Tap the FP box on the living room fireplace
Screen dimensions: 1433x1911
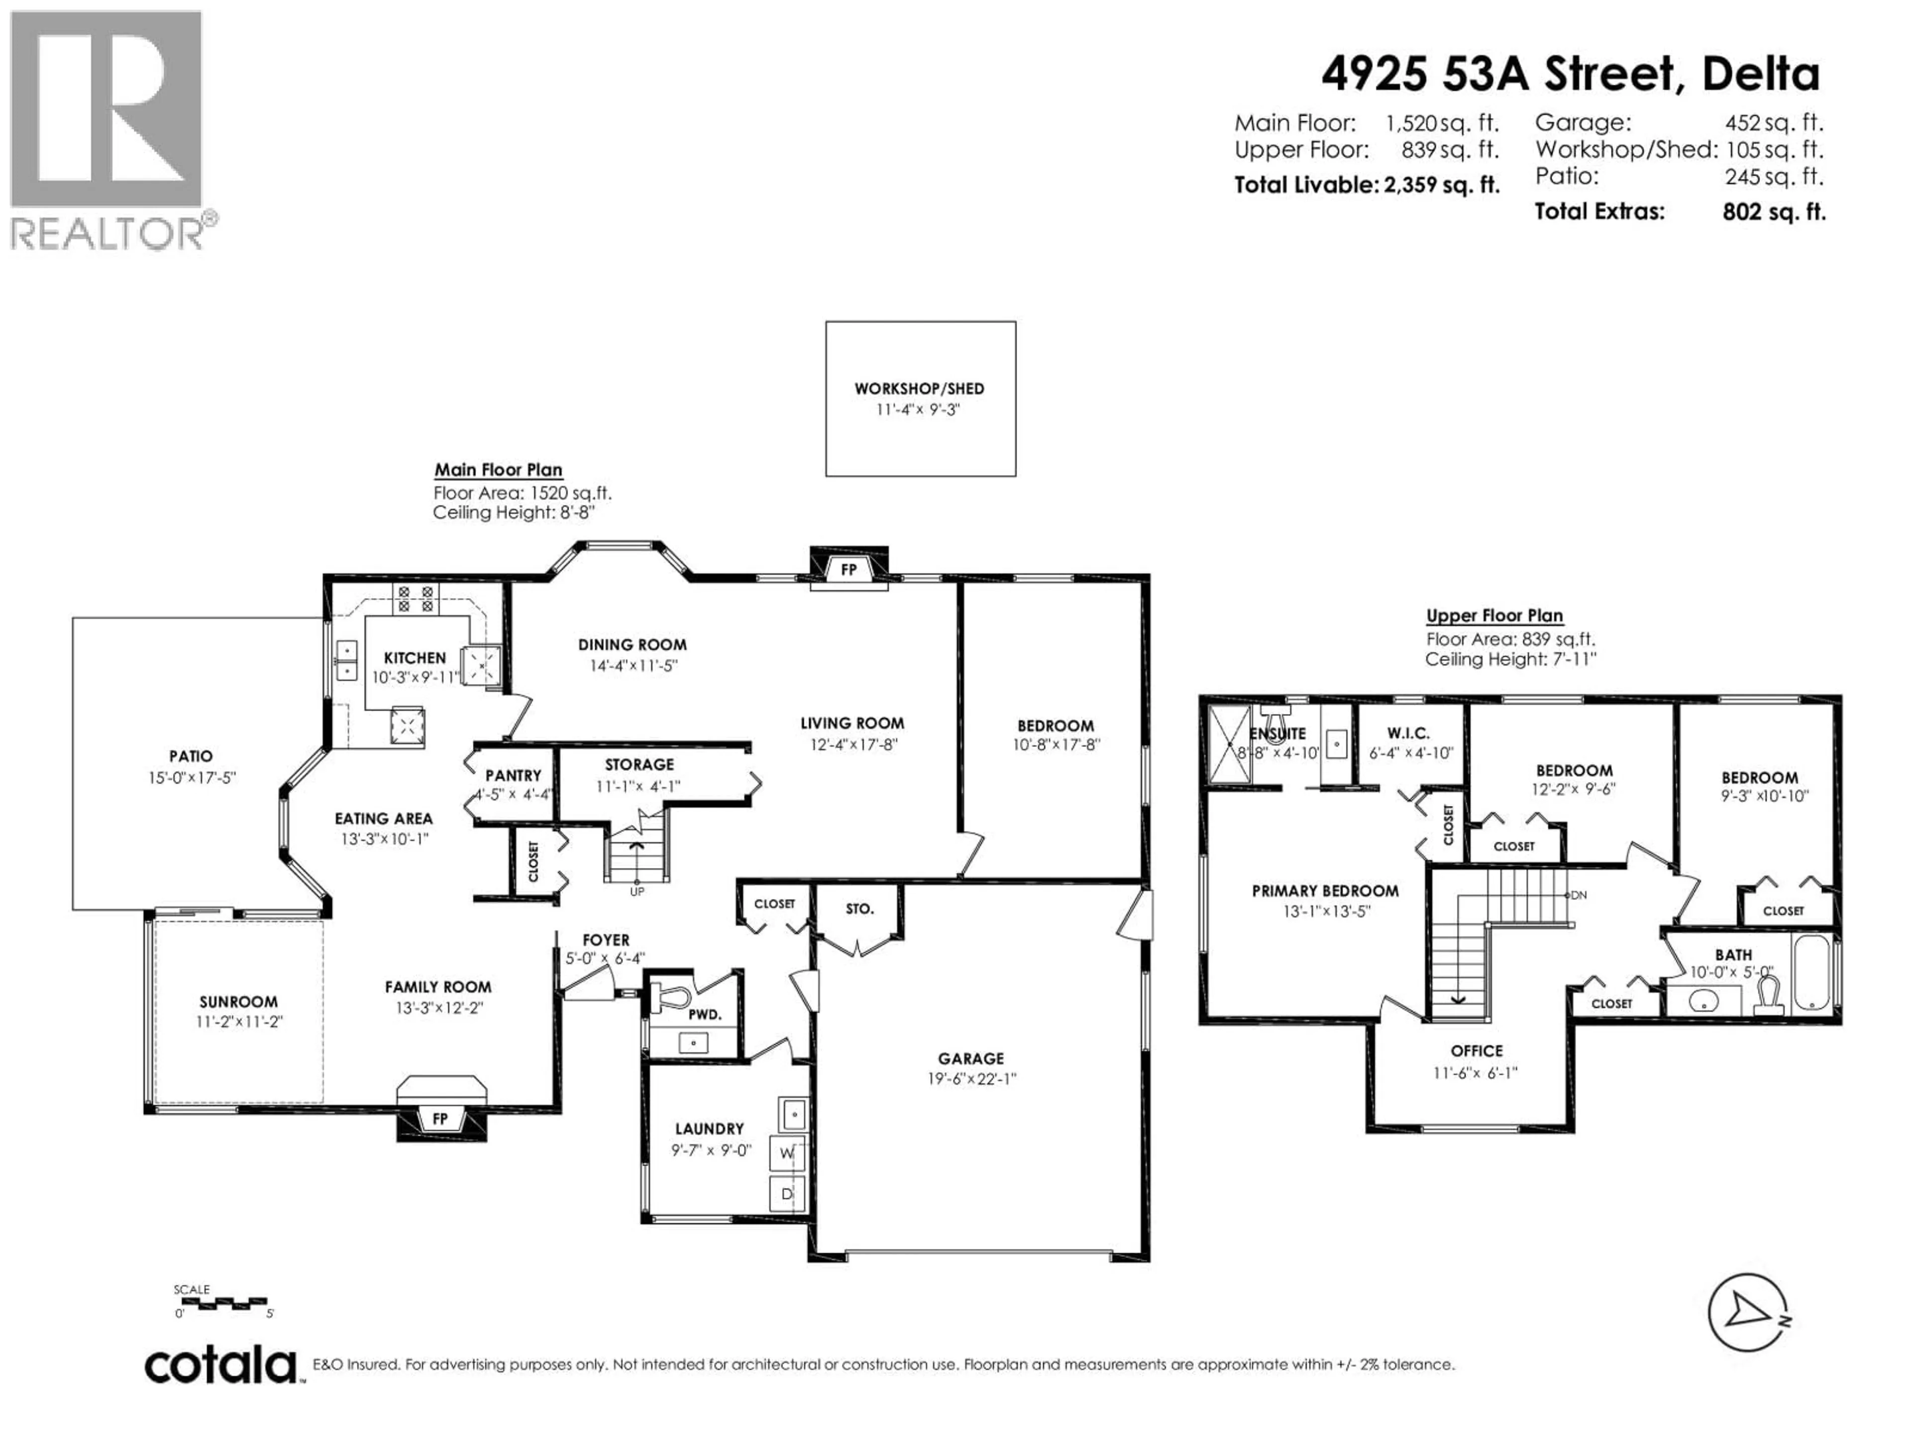tap(849, 570)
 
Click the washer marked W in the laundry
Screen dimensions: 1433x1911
tap(787, 1153)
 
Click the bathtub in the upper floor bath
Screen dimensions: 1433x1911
tap(1811, 974)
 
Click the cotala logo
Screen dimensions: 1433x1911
tap(220, 1366)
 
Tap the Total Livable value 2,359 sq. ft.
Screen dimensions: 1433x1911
tap(1441, 185)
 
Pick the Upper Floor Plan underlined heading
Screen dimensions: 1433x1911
tap(1494, 616)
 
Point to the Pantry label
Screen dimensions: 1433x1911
tap(513, 776)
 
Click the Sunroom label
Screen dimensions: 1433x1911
tap(238, 1002)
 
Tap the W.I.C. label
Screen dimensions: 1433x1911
tap(1408, 733)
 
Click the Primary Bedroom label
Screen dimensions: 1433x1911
tap(1325, 891)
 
